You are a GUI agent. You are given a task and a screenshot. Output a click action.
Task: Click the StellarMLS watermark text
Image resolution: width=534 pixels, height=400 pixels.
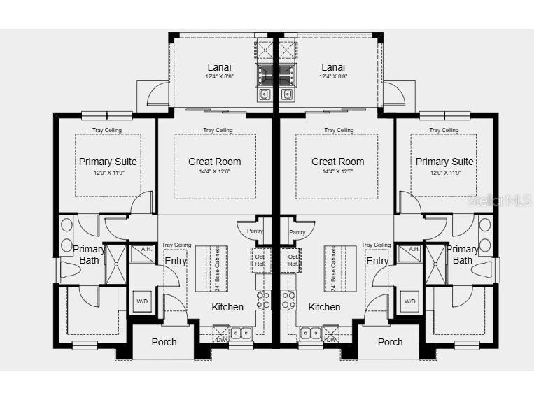500,201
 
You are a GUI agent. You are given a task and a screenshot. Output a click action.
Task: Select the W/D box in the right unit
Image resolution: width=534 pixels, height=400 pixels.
410,301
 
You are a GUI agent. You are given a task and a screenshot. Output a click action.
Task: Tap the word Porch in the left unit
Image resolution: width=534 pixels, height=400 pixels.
164,342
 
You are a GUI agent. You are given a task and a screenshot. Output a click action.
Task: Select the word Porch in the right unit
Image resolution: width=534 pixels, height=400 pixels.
390,342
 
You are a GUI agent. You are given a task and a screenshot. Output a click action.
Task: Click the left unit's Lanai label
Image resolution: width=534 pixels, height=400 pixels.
219,67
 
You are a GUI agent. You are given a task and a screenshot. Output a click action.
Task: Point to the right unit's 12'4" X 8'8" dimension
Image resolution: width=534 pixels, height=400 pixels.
333,76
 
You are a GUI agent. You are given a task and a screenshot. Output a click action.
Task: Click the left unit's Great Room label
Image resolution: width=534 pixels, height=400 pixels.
214,162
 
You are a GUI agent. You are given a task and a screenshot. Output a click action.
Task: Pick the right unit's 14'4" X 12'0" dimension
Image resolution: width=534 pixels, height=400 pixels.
338,171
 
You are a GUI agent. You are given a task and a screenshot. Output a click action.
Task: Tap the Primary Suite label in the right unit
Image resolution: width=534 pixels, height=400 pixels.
444,162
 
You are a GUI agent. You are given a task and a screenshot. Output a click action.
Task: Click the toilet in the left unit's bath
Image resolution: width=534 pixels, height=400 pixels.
71,270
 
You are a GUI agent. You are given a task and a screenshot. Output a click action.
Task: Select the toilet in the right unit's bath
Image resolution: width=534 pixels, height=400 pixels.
482,270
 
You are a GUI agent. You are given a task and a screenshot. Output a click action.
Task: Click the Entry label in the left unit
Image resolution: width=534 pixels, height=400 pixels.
175,262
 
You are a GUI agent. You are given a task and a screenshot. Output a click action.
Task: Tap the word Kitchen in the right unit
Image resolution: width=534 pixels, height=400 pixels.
324,307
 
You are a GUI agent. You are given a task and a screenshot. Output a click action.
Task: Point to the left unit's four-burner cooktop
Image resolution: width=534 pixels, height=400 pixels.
263,300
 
